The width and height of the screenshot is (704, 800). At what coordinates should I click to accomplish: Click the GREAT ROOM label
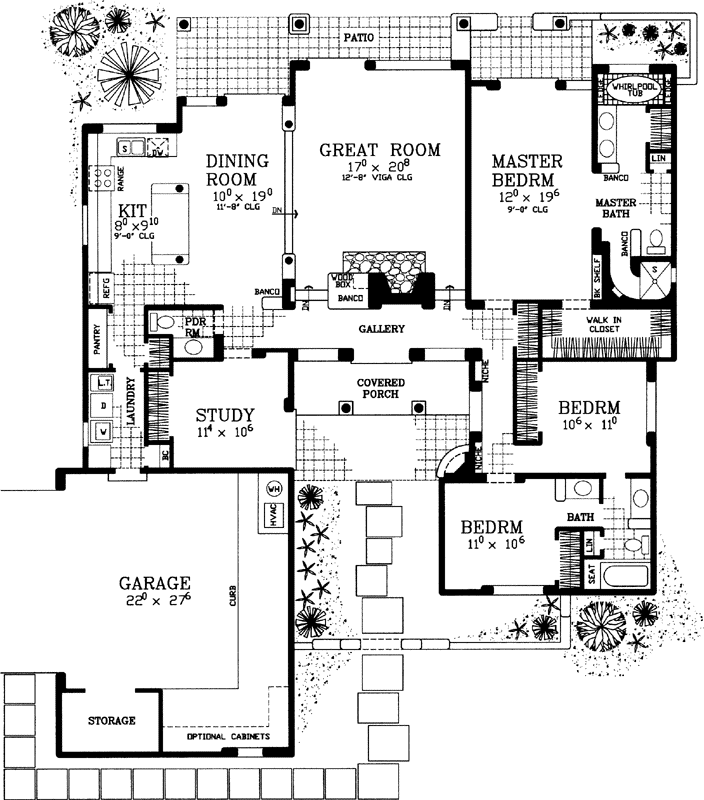[x=379, y=151]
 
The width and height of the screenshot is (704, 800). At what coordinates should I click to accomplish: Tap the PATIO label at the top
[x=359, y=36]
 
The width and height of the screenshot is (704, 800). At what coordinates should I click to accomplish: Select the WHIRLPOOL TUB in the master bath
[x=632, y=87]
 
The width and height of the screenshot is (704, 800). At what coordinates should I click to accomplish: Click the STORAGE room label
[x=111, y=720]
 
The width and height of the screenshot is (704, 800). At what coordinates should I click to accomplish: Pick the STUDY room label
[x=224, y=415]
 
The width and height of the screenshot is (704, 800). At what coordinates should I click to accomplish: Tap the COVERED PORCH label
[x=380, y=388]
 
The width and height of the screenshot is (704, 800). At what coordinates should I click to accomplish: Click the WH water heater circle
[x=274, y=490]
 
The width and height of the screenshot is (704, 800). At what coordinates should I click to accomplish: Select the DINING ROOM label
[x=237, y=170]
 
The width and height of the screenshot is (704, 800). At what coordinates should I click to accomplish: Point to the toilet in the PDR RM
[x=167, y=324]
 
